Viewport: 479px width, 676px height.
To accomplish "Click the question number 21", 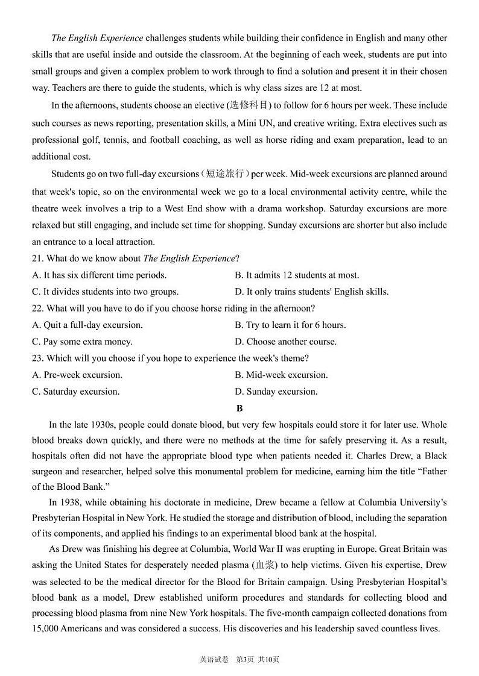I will click(37, 258).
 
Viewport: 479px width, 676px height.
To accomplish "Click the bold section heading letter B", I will click(239, 408).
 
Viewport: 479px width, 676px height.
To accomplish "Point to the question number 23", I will click(37, 358).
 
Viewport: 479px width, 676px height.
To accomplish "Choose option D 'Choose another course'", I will click(285, 342).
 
